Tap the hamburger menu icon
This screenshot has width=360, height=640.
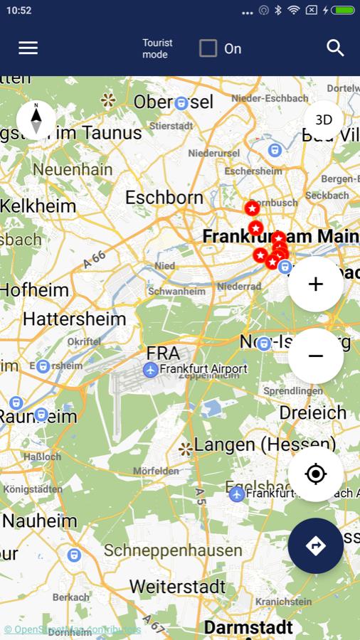28,48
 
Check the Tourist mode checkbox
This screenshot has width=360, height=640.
208,48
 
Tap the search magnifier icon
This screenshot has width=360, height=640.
335,48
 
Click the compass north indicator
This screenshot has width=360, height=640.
36,119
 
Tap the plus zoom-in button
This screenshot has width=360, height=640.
316,284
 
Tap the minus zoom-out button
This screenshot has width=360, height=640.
316,356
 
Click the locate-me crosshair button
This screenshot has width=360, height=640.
316,474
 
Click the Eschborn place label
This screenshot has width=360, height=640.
164,197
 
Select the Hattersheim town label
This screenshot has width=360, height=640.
74,319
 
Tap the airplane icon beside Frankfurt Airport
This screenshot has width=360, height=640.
150,370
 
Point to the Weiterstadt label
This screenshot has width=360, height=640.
177,587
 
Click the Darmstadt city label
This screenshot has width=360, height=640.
248,627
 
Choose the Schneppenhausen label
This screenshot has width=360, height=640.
173,550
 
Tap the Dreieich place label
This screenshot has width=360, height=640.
312,412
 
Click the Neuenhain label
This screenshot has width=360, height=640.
73,169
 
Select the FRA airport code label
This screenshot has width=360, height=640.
163,353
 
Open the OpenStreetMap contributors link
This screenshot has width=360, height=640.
72,629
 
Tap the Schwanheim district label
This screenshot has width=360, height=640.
176,291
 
